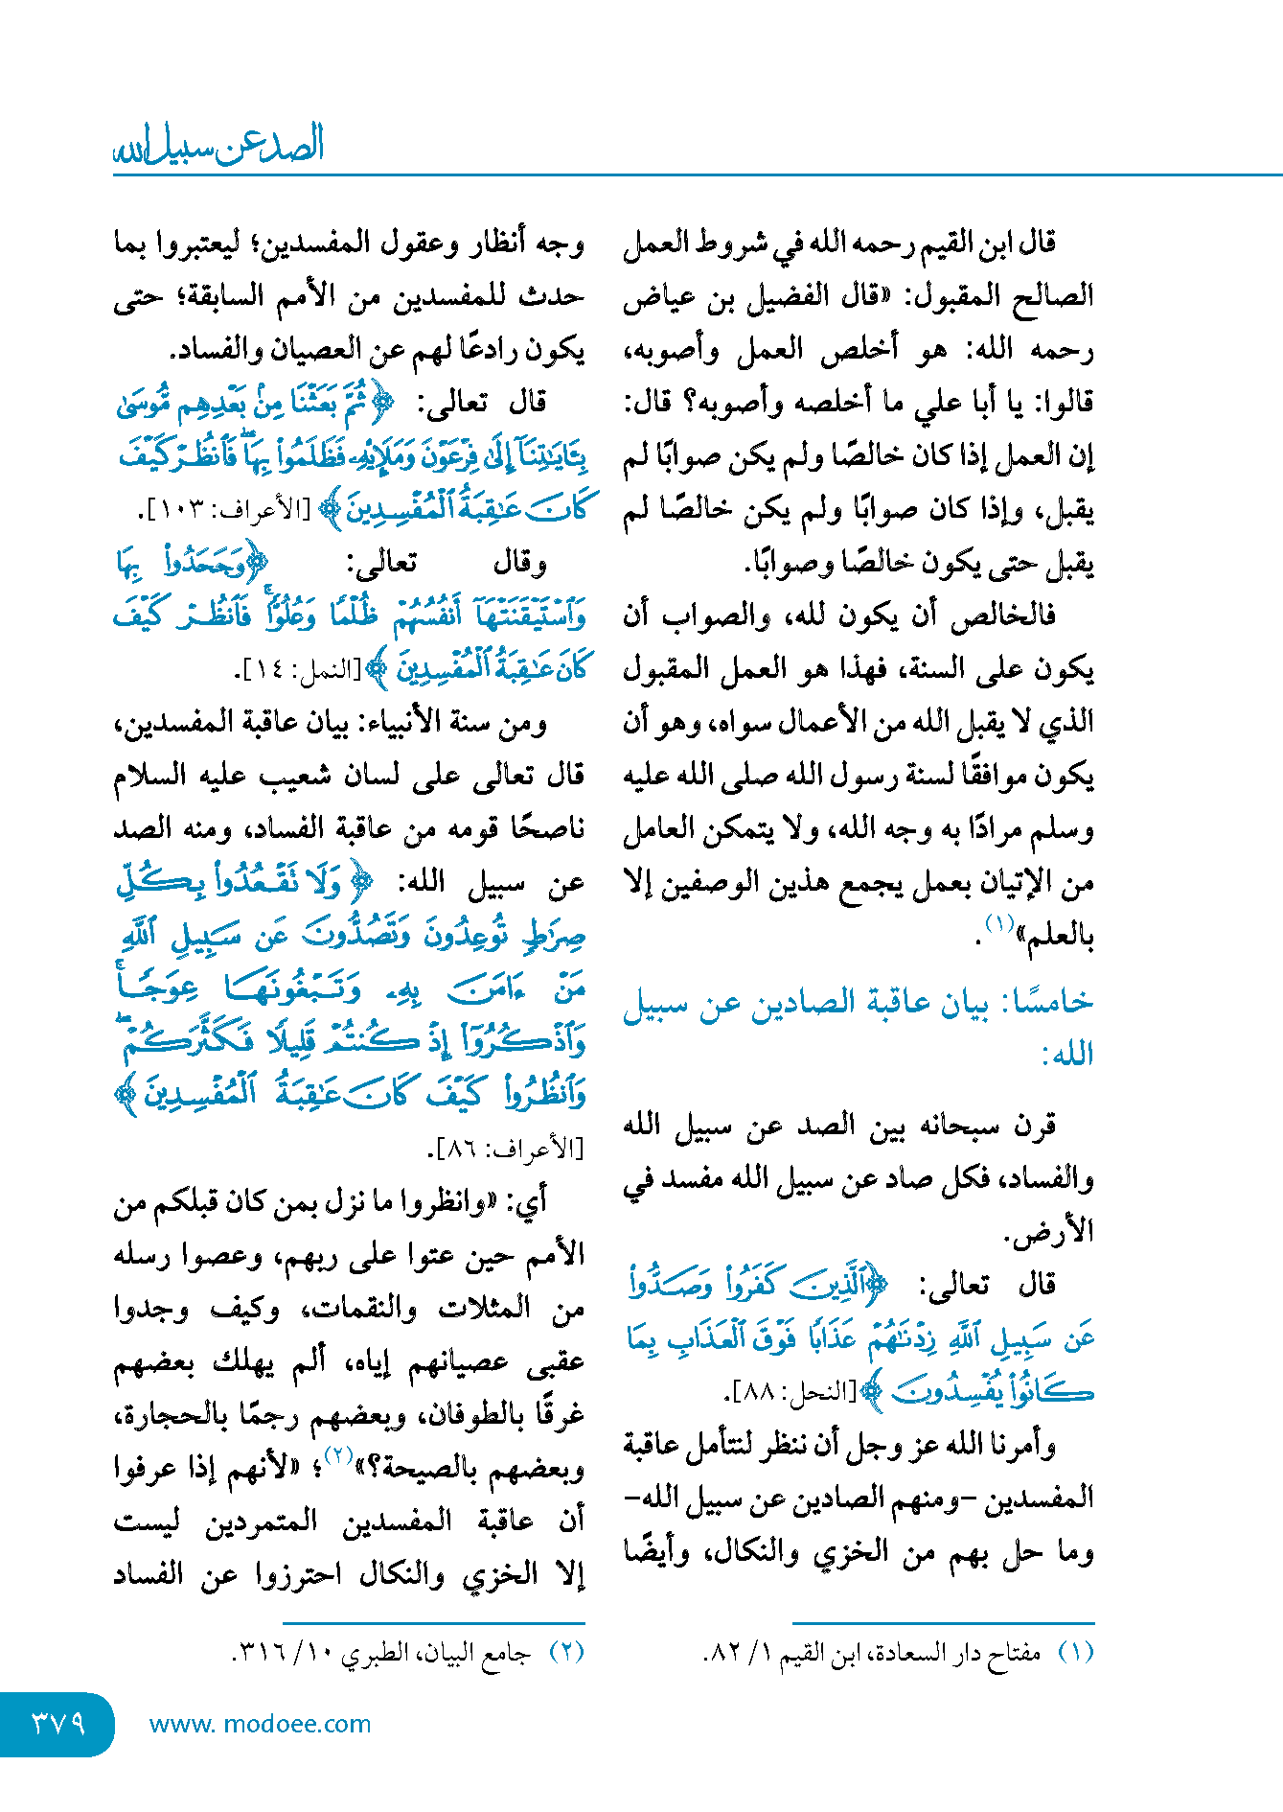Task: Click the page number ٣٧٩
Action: (x=58, y=1723)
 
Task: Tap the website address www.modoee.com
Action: (x=260, y=1724)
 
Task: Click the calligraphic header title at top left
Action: (x=219, y=146)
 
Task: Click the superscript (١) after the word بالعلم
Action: (x=999, y=924)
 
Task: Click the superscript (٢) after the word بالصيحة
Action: (x=339, y=1454)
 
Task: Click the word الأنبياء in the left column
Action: (x=409, y=722)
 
